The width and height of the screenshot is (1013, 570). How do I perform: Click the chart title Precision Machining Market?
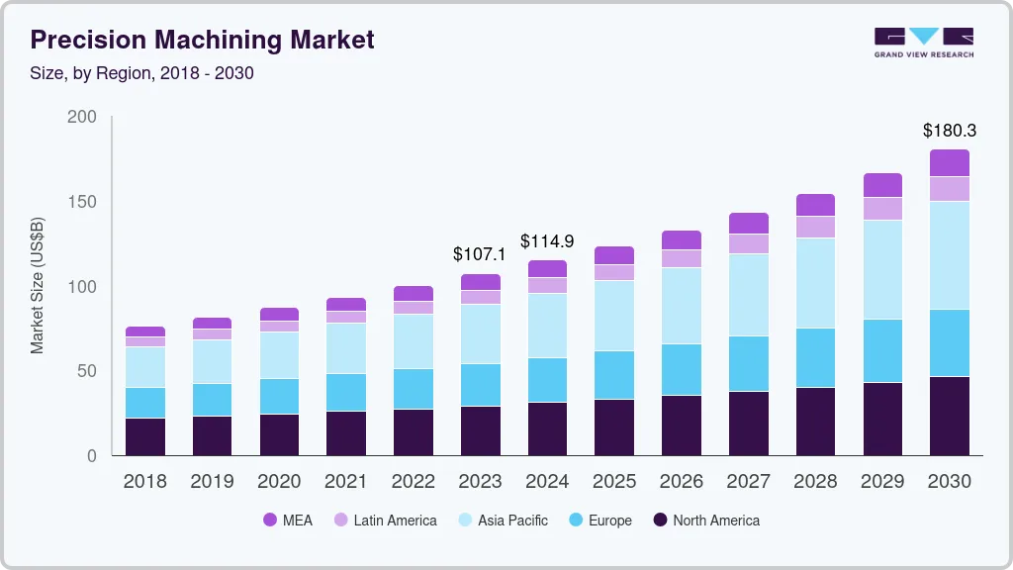coord(203,40)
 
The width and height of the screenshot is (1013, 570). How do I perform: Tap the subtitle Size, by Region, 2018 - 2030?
coord(142,73)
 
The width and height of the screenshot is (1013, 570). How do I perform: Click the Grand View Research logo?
coord(923,42)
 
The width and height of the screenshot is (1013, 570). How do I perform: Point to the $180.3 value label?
coord(949,131)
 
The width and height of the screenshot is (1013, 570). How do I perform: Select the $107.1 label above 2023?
coord(479,254)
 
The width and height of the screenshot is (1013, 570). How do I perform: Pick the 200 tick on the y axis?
coord(82,117)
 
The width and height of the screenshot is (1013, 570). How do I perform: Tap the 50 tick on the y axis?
coord(87,371)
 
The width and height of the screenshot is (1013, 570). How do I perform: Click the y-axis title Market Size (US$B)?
coord(38,285)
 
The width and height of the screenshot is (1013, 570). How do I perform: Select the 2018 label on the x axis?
coord(144,481)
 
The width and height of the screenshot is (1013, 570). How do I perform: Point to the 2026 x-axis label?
coord(681,481)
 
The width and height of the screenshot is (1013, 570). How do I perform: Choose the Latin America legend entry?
coord(385,520)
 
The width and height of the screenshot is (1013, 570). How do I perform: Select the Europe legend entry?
coord(599,520)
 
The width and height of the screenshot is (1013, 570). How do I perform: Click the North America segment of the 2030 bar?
coord(949,416)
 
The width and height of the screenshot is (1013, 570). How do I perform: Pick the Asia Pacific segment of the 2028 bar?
coord(815,283)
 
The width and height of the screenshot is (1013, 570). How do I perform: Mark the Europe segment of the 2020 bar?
coord(278,396)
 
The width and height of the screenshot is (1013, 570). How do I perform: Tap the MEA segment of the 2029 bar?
coord(882,185)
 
